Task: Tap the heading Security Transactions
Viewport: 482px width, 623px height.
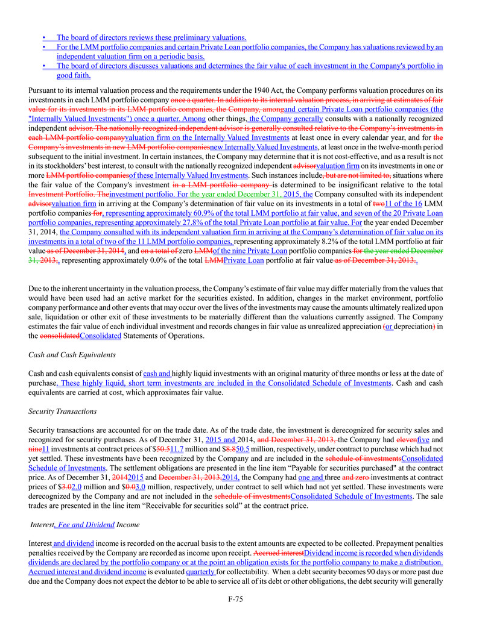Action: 62,412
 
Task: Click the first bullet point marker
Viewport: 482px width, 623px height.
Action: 45,37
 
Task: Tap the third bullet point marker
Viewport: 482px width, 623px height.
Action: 45,66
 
